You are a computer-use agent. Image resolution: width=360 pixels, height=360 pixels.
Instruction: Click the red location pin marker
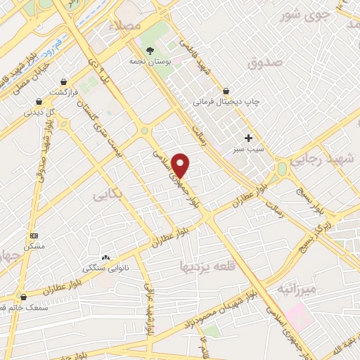point(181,165)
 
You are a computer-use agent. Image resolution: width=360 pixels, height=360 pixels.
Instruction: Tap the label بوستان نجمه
point(151,60)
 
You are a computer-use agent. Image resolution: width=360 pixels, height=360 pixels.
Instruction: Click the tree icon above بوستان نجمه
point(151,49)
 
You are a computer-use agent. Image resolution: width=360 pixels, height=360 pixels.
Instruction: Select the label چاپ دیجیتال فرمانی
point(227,102)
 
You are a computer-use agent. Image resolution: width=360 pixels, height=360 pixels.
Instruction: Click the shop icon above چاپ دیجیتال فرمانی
point(226,91)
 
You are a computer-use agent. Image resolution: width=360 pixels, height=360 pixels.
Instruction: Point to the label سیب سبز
point(248,149)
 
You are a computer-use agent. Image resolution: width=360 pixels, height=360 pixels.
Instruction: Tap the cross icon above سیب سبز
point(248,137)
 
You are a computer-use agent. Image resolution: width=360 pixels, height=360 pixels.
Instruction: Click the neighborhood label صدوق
point(264,63)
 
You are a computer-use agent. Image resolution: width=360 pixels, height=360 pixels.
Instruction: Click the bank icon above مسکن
point(34,236)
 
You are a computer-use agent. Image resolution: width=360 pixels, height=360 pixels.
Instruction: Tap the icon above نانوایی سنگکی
point(105,257)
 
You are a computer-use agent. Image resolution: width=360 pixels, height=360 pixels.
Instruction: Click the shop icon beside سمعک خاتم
point(24,297)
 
